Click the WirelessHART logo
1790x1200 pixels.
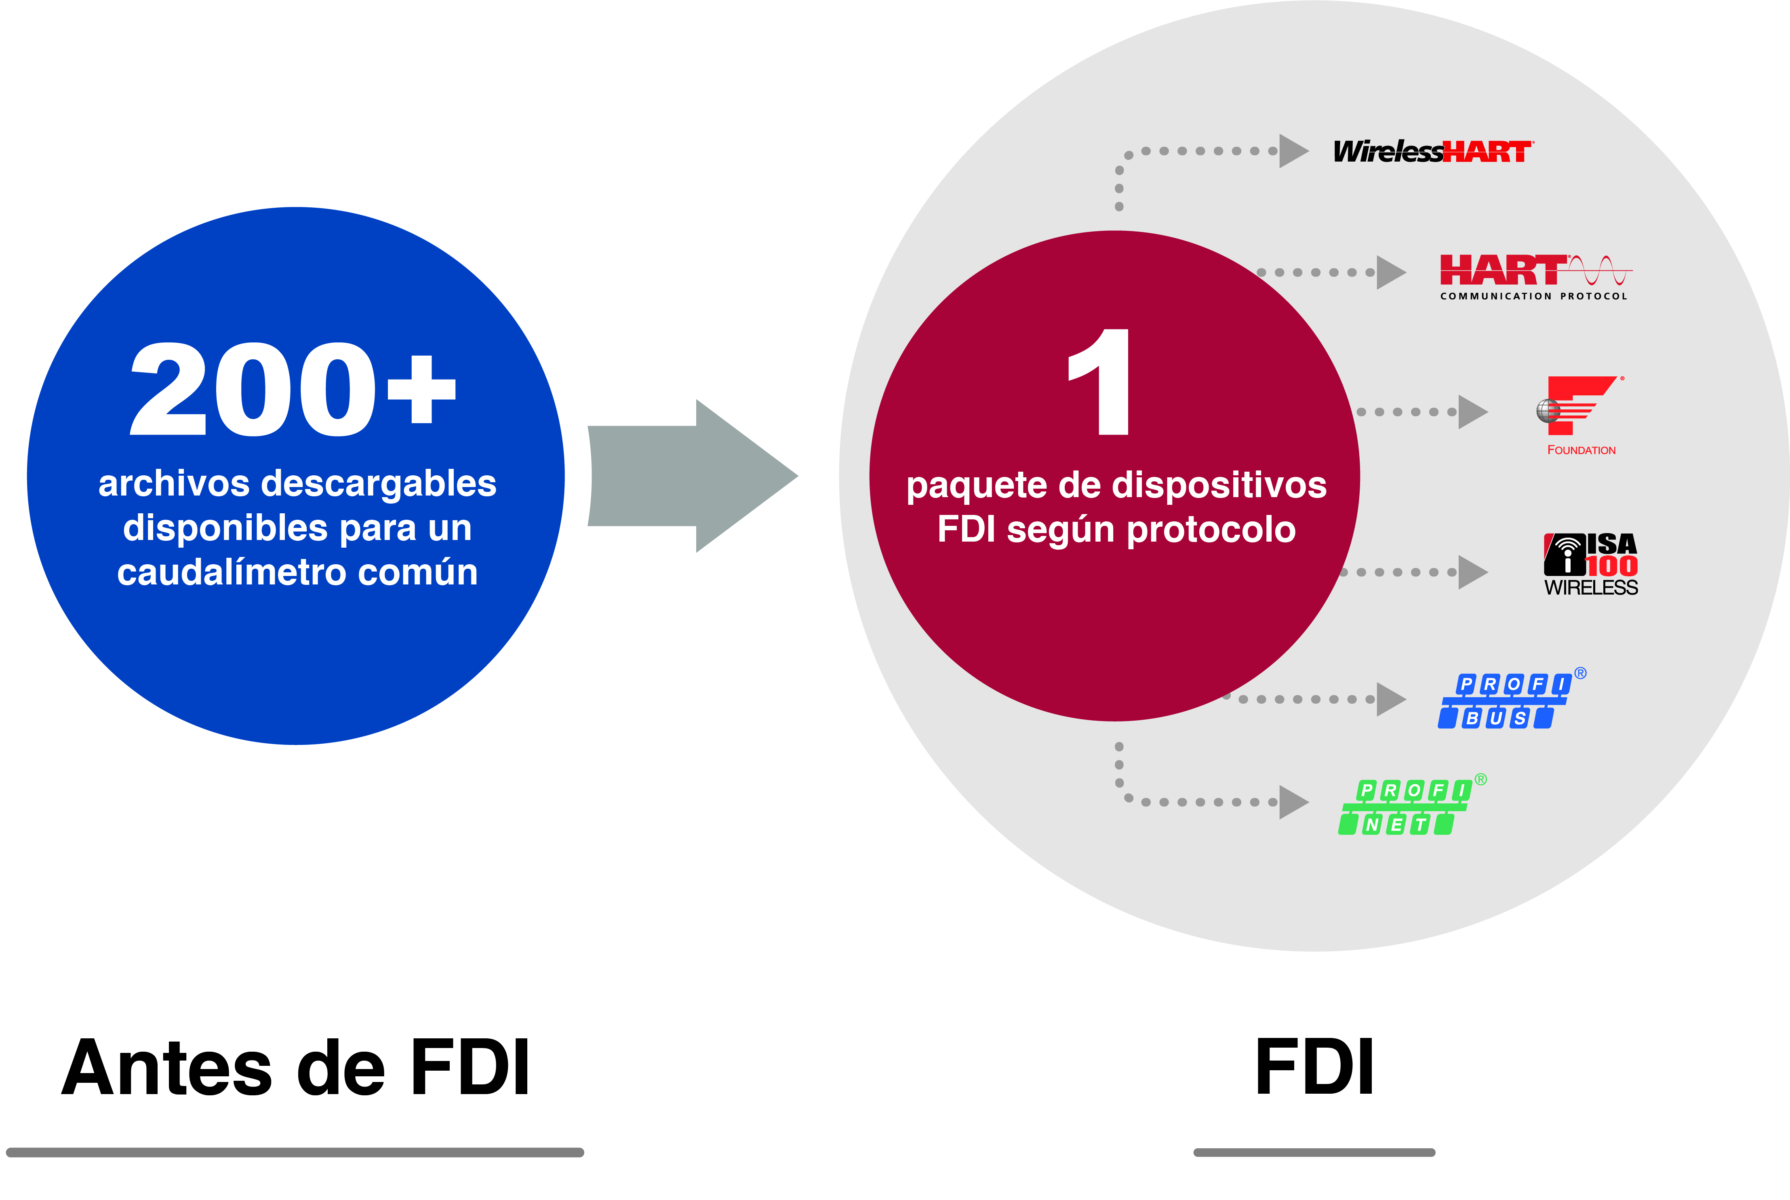click(x=1433, y=152)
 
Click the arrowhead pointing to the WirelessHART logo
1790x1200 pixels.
click(x=1292, y=151)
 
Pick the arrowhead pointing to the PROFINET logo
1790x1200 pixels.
click(x=1292, y=802)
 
